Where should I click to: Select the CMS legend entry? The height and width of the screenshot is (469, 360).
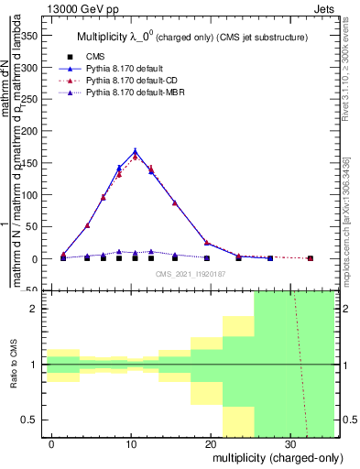click(96, 58)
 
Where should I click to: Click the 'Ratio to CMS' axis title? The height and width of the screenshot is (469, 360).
click(12, 365)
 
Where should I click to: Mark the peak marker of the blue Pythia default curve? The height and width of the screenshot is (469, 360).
click(136, 152)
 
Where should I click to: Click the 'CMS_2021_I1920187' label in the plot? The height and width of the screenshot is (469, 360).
click(191, 273)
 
